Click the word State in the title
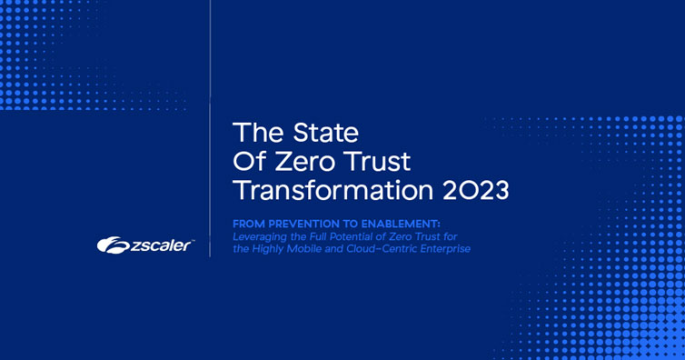pyautogui.click(x=325, y=133)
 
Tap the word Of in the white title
pyautogui.click(x=249, y=161)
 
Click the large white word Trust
pyautogui.click(x=378, y=161)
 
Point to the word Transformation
pyautogui.click(x=333, y=191)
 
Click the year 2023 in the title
pyautogui.click(x=476, y=191)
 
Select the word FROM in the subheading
pyautogui.click(x=249, y=225)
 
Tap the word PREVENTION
pyautogui.click(x=305, y=225)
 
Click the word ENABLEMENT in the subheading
pyautogui.click(x=399, y=225)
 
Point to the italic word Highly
pyautogui.click(x=262, y=249)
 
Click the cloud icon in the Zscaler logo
pyautogui.click(x=114, y=245)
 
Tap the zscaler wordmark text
pyautogui.click(x=161, y=245)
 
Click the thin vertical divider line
pyautogui.click(x=210, y=128)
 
